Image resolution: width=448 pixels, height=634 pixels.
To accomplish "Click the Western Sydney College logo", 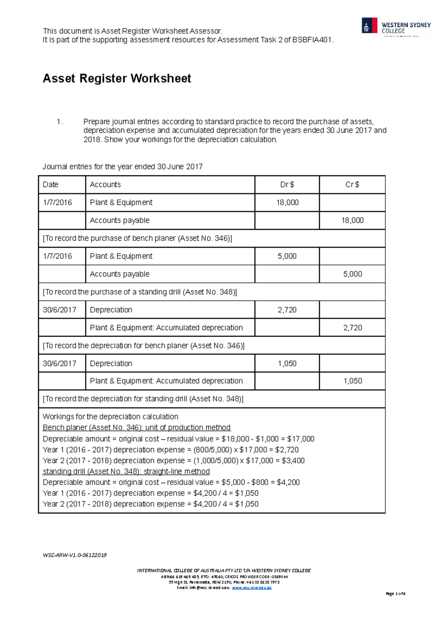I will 396,27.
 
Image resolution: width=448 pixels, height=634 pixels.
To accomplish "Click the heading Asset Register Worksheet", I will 117,78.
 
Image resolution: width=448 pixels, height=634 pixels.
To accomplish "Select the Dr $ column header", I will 287,184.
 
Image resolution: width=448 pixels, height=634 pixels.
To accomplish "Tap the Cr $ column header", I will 352,184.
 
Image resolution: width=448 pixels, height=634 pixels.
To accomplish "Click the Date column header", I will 51,184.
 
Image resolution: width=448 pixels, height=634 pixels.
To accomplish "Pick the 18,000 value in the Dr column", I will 287,202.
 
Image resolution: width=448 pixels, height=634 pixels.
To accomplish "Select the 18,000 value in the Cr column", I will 352,220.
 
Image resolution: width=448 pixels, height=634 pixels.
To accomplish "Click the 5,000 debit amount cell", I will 287,256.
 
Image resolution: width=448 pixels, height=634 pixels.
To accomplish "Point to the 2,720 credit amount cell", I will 352,328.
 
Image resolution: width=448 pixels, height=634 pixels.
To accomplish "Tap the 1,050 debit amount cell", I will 287,364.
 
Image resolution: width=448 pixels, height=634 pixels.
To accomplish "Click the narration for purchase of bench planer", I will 137,238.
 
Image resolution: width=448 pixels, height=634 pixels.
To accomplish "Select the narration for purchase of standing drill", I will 140,292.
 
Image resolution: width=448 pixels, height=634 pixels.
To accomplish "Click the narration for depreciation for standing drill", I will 143,399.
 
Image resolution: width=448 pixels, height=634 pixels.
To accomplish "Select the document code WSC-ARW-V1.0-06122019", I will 75,555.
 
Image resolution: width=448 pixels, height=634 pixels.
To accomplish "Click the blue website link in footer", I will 252,588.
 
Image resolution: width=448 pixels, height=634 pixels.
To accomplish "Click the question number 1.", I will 59,122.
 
